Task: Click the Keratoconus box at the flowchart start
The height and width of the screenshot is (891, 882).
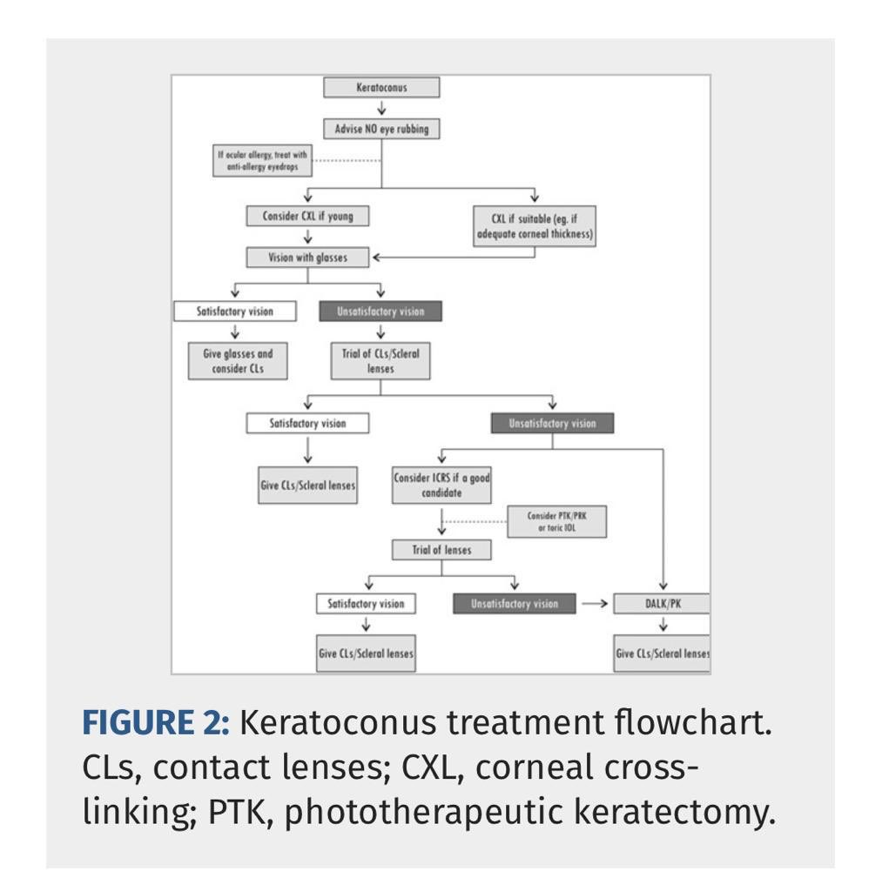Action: [381, 88]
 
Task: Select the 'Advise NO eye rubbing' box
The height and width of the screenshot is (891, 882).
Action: [381, 129]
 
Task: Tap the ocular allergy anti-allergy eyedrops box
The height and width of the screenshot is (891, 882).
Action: [262, 160]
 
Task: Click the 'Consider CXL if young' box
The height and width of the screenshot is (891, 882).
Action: [307, 216]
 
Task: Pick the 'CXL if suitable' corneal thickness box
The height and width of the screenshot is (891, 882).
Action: [535, 226]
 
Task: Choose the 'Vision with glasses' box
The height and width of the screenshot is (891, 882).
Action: [307, 258]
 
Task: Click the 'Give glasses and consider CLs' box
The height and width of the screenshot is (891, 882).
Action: [238, 361]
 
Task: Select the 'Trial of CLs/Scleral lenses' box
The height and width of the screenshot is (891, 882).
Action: [380, 361]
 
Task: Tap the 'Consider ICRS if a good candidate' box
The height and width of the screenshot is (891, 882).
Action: [441, 485]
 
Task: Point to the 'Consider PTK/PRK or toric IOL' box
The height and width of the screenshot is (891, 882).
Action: [556, 522]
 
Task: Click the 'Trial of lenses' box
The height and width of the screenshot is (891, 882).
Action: [441, 550]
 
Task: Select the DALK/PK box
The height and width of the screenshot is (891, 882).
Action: [663, 604]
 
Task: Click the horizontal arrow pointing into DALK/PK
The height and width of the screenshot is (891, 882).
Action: [595, 604]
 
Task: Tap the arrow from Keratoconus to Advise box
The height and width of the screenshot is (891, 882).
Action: [381, 108]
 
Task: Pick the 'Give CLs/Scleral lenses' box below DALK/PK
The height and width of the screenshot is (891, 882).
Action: [663, 653]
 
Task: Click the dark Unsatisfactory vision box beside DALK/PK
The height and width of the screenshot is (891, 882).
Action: [514, 604]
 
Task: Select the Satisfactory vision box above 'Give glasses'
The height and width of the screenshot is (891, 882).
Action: [234, 311]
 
